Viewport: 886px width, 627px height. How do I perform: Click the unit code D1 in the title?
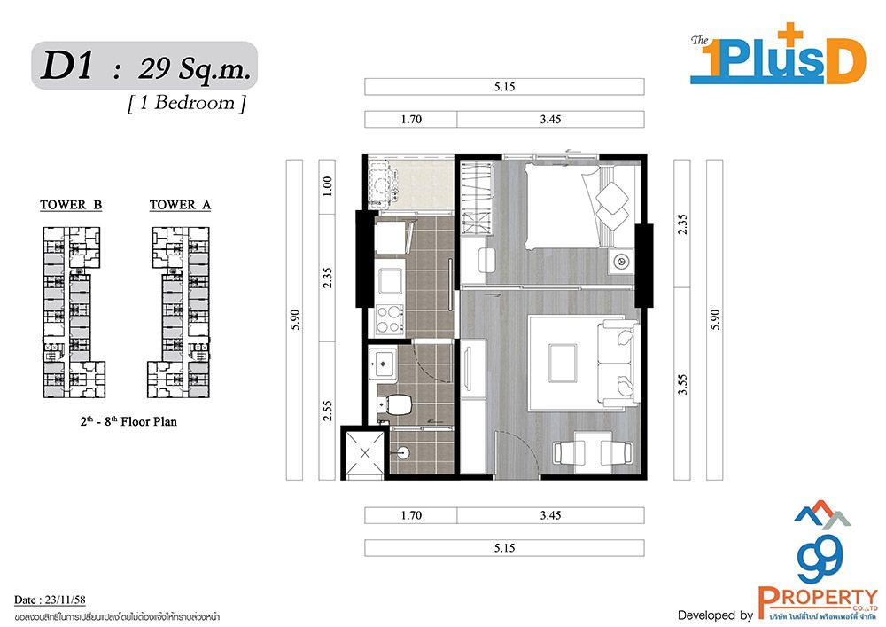tap(67, 66)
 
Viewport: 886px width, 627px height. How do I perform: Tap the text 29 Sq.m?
tap(194, 69)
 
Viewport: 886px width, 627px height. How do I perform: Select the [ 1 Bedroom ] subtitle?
tap(187, 103)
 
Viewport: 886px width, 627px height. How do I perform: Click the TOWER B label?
tap(71, 205)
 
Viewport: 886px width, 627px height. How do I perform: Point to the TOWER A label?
tap(180, 205)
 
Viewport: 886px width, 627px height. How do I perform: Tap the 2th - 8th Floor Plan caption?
tap(128, 421)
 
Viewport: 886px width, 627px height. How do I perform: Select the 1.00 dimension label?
tap(327, 186)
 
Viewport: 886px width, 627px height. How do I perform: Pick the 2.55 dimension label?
tap(327, 411)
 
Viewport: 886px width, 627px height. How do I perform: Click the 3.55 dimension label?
tap(682, 385)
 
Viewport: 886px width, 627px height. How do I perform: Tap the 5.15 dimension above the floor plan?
tap(505, 87)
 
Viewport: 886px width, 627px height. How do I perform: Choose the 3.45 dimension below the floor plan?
tap(550, 515)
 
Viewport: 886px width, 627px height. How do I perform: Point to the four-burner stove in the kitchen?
tap(390, 319)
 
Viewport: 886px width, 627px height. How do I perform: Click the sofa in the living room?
tap(618, 362)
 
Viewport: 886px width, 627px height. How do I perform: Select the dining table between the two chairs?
tap(592, 451)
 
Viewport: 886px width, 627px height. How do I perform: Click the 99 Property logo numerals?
tap(820, 558)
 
